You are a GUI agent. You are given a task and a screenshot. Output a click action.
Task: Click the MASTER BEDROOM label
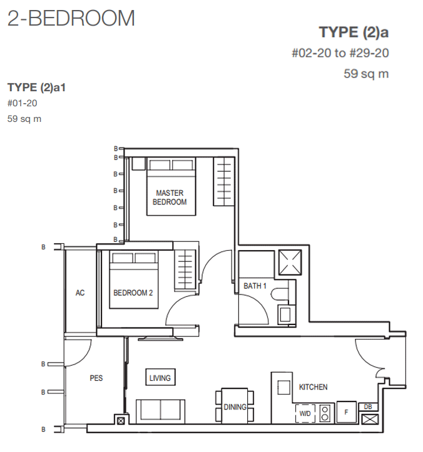(x=170, y=198)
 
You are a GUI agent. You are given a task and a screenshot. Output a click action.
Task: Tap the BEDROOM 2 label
(x=133, y=293)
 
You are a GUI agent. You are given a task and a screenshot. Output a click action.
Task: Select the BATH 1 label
(x=255, y=286)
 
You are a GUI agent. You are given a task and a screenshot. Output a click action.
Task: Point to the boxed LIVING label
(x=160, y=378)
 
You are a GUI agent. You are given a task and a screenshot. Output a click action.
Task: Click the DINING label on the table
(x=235, y=407)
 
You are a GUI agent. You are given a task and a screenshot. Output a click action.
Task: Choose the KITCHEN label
(x=313, y=387)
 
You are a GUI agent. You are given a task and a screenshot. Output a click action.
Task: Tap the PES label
(x=96, y=378)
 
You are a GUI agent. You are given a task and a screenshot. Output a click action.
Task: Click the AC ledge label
(x=80, y=293)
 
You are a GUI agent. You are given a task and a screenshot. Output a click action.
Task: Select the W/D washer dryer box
(x=305, y=414)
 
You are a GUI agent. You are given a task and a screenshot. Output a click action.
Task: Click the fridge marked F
(x=346, y=412)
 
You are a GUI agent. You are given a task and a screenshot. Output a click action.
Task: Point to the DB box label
(x=368, y=407)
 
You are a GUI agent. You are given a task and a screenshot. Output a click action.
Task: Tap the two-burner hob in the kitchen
(x=325, y=413)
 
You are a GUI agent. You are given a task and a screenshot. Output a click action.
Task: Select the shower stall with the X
(x=290, y=263)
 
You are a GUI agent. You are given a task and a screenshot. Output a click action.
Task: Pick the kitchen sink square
(x=283, y=387)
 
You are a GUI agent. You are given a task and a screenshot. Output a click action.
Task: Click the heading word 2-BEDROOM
(x=71, y=18)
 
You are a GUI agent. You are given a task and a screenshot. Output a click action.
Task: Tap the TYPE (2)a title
(x=354, y=32)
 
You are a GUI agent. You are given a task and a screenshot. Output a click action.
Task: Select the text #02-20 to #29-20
(x=340, y=53)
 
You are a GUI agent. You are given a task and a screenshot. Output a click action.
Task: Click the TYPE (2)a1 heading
(x=36, y=88)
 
